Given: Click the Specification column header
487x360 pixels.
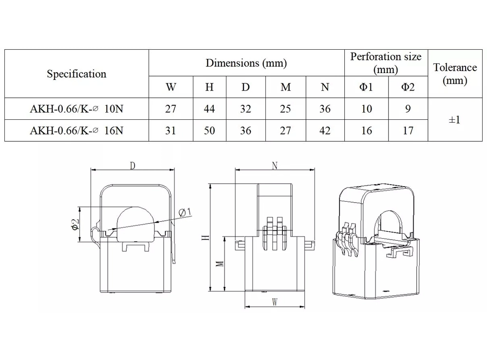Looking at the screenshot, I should click(76, 74).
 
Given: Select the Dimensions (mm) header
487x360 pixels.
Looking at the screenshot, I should click(246, 63).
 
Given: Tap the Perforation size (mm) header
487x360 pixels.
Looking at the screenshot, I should click(386, 63).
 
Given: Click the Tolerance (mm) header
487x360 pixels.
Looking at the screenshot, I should click(455, 74).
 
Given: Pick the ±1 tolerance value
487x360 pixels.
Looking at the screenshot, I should click(454, 119).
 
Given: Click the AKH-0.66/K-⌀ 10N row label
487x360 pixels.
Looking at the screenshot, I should click(76, 109).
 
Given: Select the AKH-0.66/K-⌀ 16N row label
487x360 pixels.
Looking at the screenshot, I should click(76, 131).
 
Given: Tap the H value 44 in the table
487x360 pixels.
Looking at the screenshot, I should click(209, 109).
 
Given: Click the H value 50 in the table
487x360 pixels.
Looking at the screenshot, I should click(209, 131).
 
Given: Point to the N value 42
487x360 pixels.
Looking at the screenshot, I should click(325, 131).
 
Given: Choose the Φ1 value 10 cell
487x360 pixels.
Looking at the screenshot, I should click(366, 109).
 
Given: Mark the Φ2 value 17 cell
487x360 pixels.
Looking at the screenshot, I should click(408, 131).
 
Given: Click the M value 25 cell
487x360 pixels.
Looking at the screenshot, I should click(286, 109).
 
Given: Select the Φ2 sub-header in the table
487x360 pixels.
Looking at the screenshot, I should click(408, 87).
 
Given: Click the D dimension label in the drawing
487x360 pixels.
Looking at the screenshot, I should click(132, 166).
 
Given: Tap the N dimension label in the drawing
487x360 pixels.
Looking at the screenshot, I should click(275, 166).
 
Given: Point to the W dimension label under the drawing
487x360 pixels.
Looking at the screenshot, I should click(275, 302).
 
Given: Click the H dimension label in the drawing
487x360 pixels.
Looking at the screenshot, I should click(206, 237).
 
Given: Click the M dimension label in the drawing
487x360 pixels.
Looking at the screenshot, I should click(220, 263).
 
